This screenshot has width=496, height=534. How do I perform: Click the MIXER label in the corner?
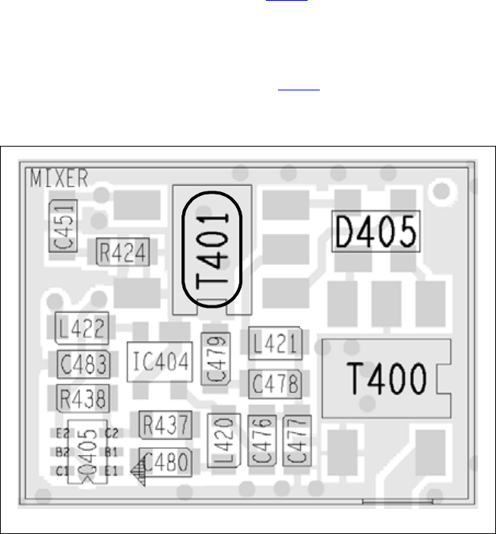click(x=59, y=179)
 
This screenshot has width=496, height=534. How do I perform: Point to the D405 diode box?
click(x=377, y=231)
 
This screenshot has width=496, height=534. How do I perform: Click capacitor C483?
click(x=83, y=364)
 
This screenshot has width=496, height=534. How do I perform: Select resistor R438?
click(x=83, y=397)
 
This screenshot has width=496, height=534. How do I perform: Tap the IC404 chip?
click(x=160, y=361)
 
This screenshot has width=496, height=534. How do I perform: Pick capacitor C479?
click(x=216, y=359)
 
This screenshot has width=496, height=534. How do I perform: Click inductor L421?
click(x=276, y=344)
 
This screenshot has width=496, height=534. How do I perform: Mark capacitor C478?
click(x=276, y=382)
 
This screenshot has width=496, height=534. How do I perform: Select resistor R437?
click(x=165, y=425)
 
